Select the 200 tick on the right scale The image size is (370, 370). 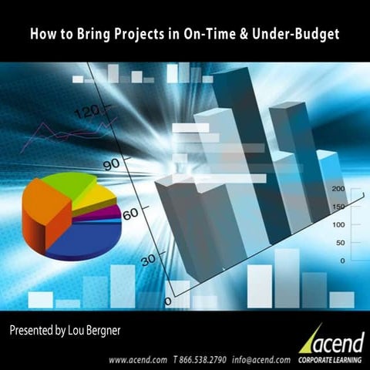(x=338, y=190)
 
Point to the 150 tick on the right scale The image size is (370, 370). (x=338, y=207)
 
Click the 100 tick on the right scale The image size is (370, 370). (x=338, y=225)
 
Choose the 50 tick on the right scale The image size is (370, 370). (x=340, y=243)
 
